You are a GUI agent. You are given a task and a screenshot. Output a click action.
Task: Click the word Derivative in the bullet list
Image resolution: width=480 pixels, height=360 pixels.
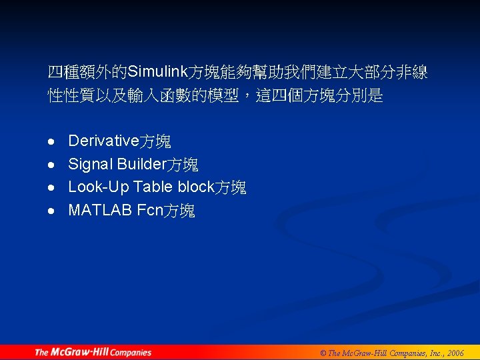tap(103, 141)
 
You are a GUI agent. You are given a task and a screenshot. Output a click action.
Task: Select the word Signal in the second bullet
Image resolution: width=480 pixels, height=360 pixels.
tap(89, 164)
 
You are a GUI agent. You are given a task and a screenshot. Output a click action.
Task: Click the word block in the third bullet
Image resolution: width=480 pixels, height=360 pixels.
tap(195, 187)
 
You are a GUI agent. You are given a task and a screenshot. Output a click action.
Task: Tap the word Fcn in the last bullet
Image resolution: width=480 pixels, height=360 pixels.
tap(149, 211)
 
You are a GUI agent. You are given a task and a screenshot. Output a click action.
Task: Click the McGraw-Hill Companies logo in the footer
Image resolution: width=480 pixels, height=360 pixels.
tap(93, 352)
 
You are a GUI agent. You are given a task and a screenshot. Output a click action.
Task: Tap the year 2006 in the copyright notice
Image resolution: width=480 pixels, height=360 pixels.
tap(455, 353)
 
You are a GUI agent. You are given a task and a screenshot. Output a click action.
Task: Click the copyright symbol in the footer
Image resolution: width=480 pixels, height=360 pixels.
tap(323, 353)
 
